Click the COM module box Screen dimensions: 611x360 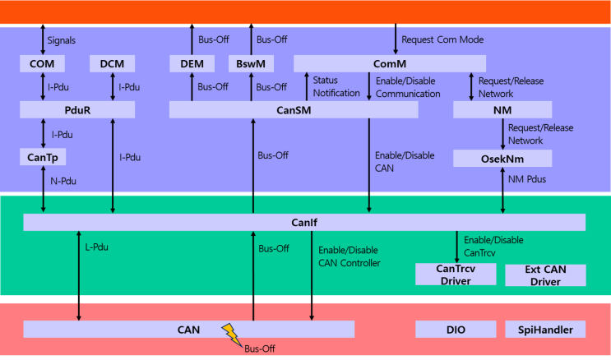[42, 63]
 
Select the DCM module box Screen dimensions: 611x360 [112, 63]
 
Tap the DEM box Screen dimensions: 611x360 [192, 63]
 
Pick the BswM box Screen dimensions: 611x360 [251, 63]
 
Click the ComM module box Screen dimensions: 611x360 [390, 63]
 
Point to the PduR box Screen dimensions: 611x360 [77, 110]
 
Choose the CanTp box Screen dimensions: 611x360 [43, 157]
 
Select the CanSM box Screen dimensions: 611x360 [294, 110]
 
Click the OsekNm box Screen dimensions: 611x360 [502, 159]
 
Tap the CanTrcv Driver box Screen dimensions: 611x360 [456, 275]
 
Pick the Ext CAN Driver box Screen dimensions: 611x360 [545, 275]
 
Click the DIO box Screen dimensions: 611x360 [456, 330]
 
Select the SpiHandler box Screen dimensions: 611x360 [545, 330]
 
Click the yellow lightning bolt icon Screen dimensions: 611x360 [232, 335]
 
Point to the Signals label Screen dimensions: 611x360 [61, 40]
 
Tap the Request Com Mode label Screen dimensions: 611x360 [442, 39]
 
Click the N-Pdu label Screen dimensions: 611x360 [63, 181]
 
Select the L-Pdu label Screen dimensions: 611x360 [97, 247]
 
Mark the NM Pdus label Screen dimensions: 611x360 [527, 179]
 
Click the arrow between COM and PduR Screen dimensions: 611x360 [43, 86]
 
